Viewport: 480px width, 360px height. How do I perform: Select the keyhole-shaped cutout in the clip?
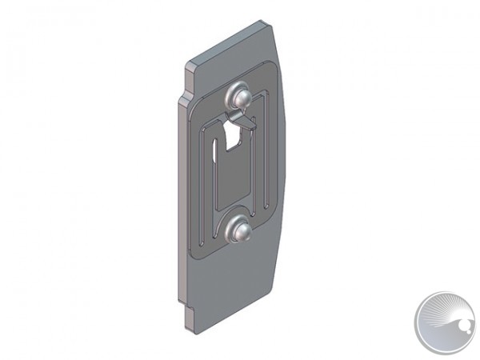(x=234, y=137)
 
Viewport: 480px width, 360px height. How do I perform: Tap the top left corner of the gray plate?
(x=189, y=64)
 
